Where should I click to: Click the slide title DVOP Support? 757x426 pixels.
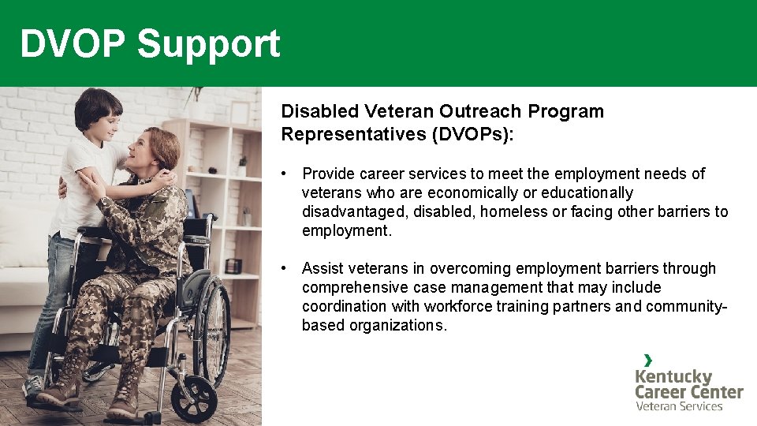(x=150, y=44)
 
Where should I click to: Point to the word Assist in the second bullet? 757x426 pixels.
(x=323, y=268)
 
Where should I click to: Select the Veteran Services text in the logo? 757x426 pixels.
(x=679, y=406)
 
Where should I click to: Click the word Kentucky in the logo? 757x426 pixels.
(x=673, y=376)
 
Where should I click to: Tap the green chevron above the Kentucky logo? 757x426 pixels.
(x=647, y=360)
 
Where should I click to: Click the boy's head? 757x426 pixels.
(x=99, y=110)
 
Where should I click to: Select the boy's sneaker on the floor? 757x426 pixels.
(x=33, y=387)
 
